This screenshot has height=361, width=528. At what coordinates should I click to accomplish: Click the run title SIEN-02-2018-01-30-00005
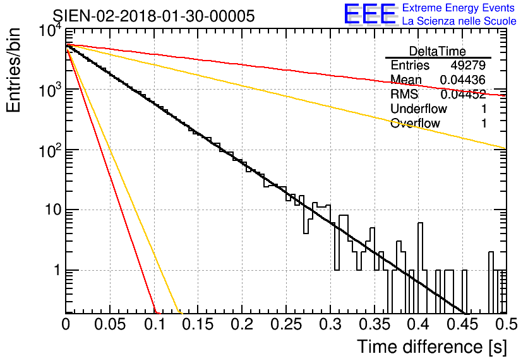(153, 16)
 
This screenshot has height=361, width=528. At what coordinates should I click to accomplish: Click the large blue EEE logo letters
(369, 15)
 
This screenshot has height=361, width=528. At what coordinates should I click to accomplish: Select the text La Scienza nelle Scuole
(459, 21)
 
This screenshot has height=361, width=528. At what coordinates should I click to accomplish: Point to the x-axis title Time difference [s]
(431, 346)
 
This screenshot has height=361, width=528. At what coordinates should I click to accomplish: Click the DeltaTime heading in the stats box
(438, 51)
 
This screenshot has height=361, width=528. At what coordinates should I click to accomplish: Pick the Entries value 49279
(468, 66)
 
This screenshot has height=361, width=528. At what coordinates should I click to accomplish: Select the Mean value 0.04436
(462, 80)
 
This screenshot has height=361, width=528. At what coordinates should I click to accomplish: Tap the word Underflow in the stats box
(419, 109)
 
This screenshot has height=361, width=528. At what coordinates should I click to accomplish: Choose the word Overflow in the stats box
(415, 124)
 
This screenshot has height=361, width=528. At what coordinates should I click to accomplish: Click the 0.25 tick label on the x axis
(285, 324)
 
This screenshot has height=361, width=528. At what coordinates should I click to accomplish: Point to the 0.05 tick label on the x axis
(110, 324)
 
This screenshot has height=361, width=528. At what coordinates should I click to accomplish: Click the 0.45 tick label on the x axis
(462, 324)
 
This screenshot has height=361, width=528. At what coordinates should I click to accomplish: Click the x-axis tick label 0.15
(198, 324)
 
